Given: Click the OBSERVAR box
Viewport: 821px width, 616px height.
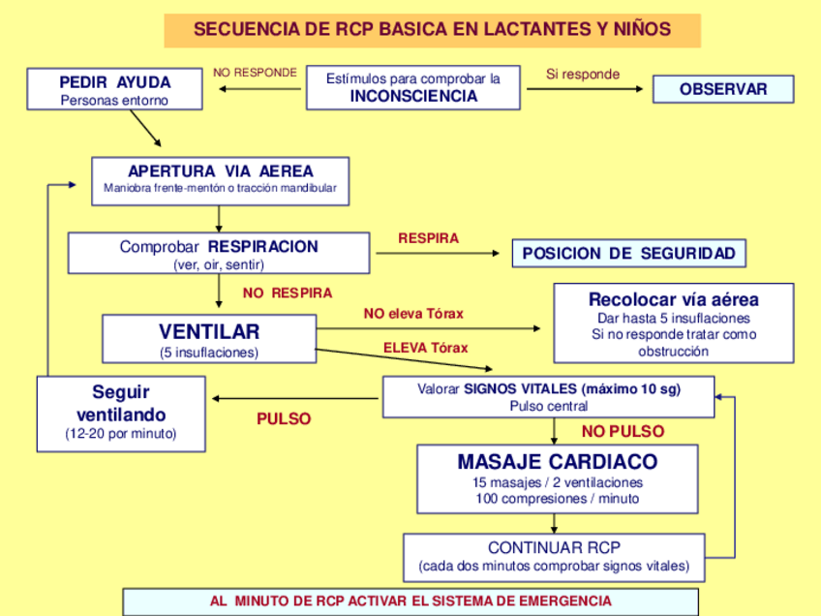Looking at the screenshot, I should (722, 89).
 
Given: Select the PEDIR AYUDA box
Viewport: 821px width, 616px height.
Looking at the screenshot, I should (114, 90).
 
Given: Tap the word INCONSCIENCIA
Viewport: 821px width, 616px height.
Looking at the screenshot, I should (413, 97).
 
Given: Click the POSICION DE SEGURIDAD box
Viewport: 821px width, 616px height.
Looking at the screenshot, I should (629, 254).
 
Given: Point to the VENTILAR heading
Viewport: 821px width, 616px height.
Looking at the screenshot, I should (209, 331).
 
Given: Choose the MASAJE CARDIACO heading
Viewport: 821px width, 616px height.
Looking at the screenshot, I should (557, 462).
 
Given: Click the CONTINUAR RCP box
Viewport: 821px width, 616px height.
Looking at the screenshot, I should (554, 557).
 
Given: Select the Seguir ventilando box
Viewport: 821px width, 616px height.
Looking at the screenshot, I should (121, 414).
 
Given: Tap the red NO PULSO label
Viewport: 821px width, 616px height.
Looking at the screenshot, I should (623, 431).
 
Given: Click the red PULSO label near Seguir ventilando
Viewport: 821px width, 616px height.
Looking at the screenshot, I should (284, 419).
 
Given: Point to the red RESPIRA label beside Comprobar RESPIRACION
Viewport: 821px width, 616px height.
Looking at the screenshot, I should (428, 238).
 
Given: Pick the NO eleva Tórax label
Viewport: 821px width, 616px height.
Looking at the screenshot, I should (413, 314).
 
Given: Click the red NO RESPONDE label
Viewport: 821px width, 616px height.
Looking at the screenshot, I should (255, 73).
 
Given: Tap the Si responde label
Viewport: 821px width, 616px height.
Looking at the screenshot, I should (583, 74).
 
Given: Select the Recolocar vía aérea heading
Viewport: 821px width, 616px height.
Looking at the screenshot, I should (673, 299).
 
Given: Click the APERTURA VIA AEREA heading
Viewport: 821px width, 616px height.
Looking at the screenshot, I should (221, 170).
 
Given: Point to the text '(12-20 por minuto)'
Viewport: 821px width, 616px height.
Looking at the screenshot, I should (121, 434).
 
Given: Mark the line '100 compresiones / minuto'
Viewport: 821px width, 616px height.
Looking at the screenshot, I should (557, 499).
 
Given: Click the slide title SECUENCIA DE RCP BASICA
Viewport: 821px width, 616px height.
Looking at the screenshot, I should (432, 29).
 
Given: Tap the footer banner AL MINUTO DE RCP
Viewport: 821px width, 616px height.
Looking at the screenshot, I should (410, 601).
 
